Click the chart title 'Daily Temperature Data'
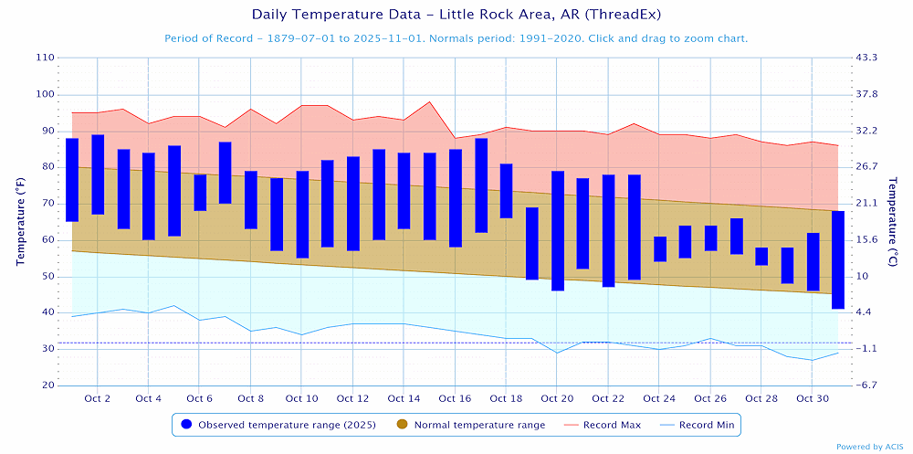[456, 15]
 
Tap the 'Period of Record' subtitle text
[456, 38]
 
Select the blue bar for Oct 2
[98, 174]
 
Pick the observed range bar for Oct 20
[557, 230]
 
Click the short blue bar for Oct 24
[659, 248]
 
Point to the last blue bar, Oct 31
[837, 259]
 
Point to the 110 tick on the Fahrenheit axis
[45, 58]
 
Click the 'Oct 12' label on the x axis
[352, 399]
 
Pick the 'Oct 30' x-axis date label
[812, 399]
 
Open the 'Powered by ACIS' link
[870, 447]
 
